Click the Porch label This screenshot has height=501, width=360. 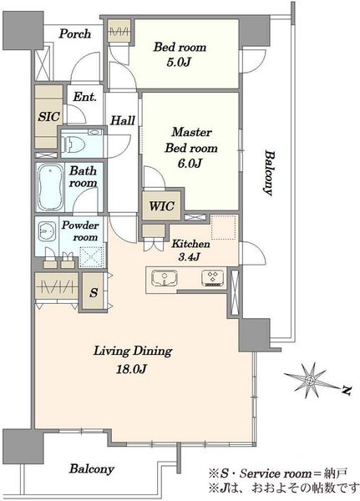(75, 33)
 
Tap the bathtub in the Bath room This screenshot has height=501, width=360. (50, 187)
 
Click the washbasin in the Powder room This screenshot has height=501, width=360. (47, 230)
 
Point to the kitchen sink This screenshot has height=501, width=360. (165, 277)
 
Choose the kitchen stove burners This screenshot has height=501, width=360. (213, 278)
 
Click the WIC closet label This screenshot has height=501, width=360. (161, 206)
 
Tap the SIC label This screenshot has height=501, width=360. (48, 117)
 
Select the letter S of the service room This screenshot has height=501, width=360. (94, 292)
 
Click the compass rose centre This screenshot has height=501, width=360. (309, 380)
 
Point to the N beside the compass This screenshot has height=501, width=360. (346, 391)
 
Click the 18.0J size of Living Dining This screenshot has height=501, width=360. (131, 369)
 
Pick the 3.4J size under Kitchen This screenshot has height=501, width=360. (190, 256)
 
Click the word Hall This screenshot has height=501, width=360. (123, 120)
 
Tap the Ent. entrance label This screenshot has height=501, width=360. (84, 97)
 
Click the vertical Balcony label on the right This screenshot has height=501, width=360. (269, 173)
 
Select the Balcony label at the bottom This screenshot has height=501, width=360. (92, 469)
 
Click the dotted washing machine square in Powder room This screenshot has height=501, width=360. (92, 257)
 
